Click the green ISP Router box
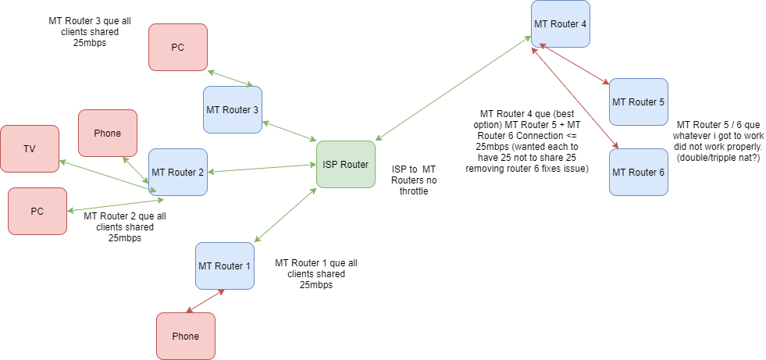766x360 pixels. click(345, 164)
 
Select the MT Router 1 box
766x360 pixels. click(224, 266)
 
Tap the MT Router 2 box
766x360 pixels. click(177, 172)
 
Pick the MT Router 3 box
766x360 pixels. click(232, 109)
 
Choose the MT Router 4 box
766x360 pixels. click(560, 24)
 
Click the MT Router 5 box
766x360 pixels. click(638, 102)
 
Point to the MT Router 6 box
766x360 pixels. click(638, 172)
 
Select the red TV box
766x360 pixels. click(30, 148)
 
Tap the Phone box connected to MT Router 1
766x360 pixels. click(185, 336)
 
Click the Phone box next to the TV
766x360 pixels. click(108, 133)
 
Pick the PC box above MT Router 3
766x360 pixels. click(177, 47)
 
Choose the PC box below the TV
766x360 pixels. click(37, 211)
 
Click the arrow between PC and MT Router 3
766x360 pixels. click(230, 78)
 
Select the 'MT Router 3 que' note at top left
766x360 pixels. click(88, 31)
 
